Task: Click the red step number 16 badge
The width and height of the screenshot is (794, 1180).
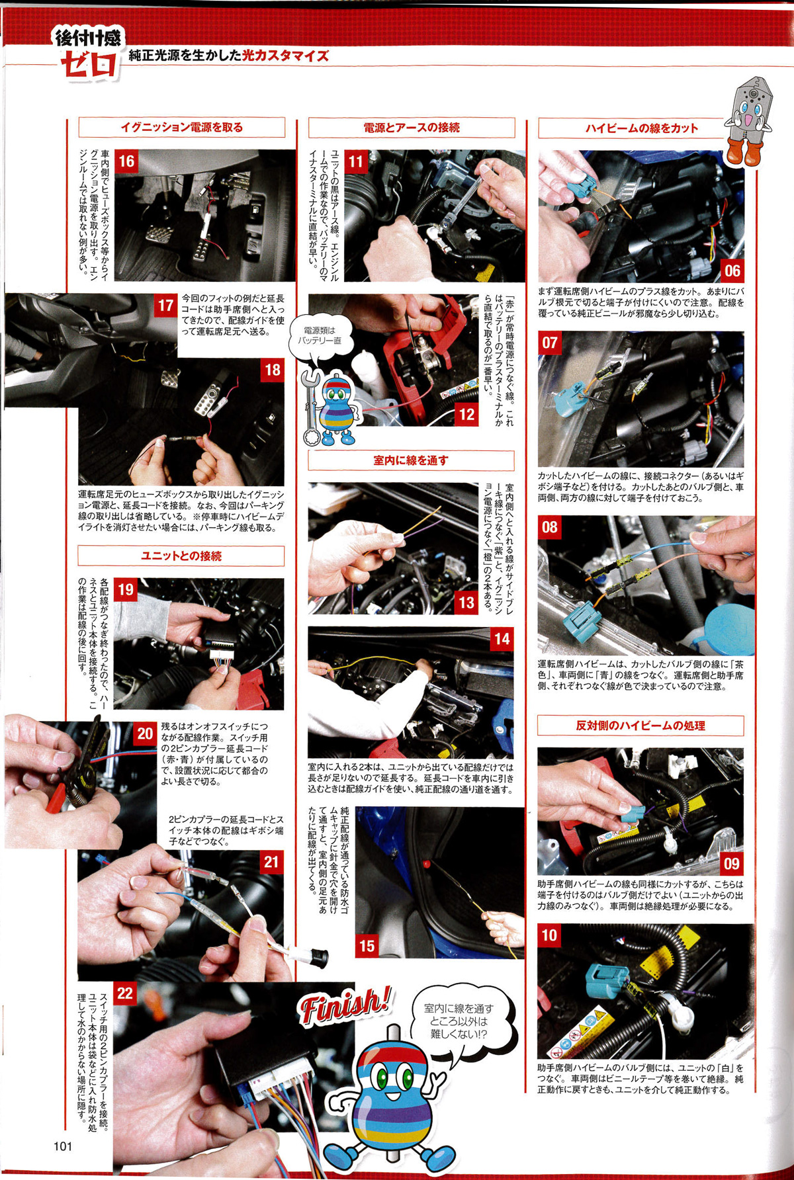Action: tap(126, 161)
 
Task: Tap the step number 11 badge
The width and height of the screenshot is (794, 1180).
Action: tap(356, 161)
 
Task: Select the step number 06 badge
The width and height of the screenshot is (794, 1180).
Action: tap(732, 271)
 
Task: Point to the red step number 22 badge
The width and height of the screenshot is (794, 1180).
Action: tap(125, 993)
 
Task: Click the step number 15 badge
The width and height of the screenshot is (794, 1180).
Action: tap(367, 947)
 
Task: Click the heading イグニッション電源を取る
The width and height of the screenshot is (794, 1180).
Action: tap(182, 128)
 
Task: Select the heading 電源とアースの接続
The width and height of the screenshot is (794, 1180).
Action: tap(412, 128)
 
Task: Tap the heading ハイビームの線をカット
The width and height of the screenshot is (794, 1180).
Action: tap(641, 128)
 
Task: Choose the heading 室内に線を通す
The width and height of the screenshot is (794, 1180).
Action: tap(411, 460)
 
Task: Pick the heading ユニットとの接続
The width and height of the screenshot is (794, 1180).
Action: tap(181, 556)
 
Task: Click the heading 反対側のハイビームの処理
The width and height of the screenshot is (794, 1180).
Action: tap(640, 726)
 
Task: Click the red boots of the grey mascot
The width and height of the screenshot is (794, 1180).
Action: tap(744, 152)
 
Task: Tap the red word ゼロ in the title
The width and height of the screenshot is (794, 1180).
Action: tap(89, 65)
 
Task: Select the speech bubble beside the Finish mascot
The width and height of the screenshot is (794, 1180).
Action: tap(459, 1023)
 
